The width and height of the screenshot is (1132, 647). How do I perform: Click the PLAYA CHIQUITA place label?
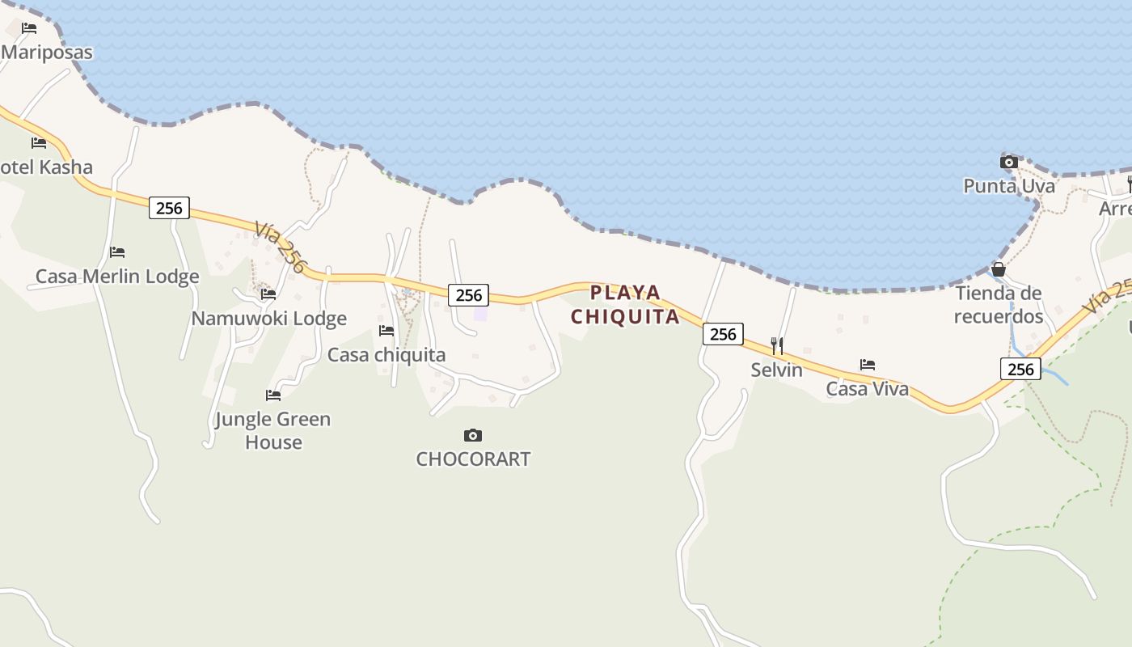click(x=625, y=304)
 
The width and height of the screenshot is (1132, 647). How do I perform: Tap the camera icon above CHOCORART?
click(x=473, y=436)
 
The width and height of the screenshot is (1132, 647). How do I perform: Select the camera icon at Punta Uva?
click(x=1008, y=162)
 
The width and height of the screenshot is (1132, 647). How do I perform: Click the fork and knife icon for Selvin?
click(x=777, y=346)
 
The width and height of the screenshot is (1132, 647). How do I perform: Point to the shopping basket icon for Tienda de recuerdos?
click(x=999, y=269)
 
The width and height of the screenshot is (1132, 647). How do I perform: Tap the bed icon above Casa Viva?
click(x=868, y=365)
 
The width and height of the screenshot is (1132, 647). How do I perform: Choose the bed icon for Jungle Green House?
click(x=273, y=395)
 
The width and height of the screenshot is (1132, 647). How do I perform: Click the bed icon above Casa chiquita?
click(x=386, y=331)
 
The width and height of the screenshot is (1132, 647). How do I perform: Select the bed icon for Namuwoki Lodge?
click(x=268, y=294)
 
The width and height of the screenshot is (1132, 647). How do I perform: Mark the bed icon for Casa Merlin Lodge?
click(x=117, y=252)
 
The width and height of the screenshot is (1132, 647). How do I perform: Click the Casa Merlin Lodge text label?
click(x=117, y=277)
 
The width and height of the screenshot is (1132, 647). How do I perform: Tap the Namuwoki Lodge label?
click(x=268, y=319)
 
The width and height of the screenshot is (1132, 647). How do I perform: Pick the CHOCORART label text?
click(x=473, y=459)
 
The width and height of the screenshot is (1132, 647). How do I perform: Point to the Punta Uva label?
click(x=1009, y=186)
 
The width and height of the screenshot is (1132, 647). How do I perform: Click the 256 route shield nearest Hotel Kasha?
click(x=169, y=208)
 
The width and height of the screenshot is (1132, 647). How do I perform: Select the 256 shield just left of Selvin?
click(x=723, y=333)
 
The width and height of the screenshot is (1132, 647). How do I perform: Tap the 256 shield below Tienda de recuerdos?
click(x=1020, y=369)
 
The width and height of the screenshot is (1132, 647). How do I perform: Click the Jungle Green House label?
click(x=273, y=430)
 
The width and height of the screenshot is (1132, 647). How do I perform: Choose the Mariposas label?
click(x=47, y=53)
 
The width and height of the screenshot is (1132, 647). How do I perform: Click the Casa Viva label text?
click(x=867, y=389)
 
